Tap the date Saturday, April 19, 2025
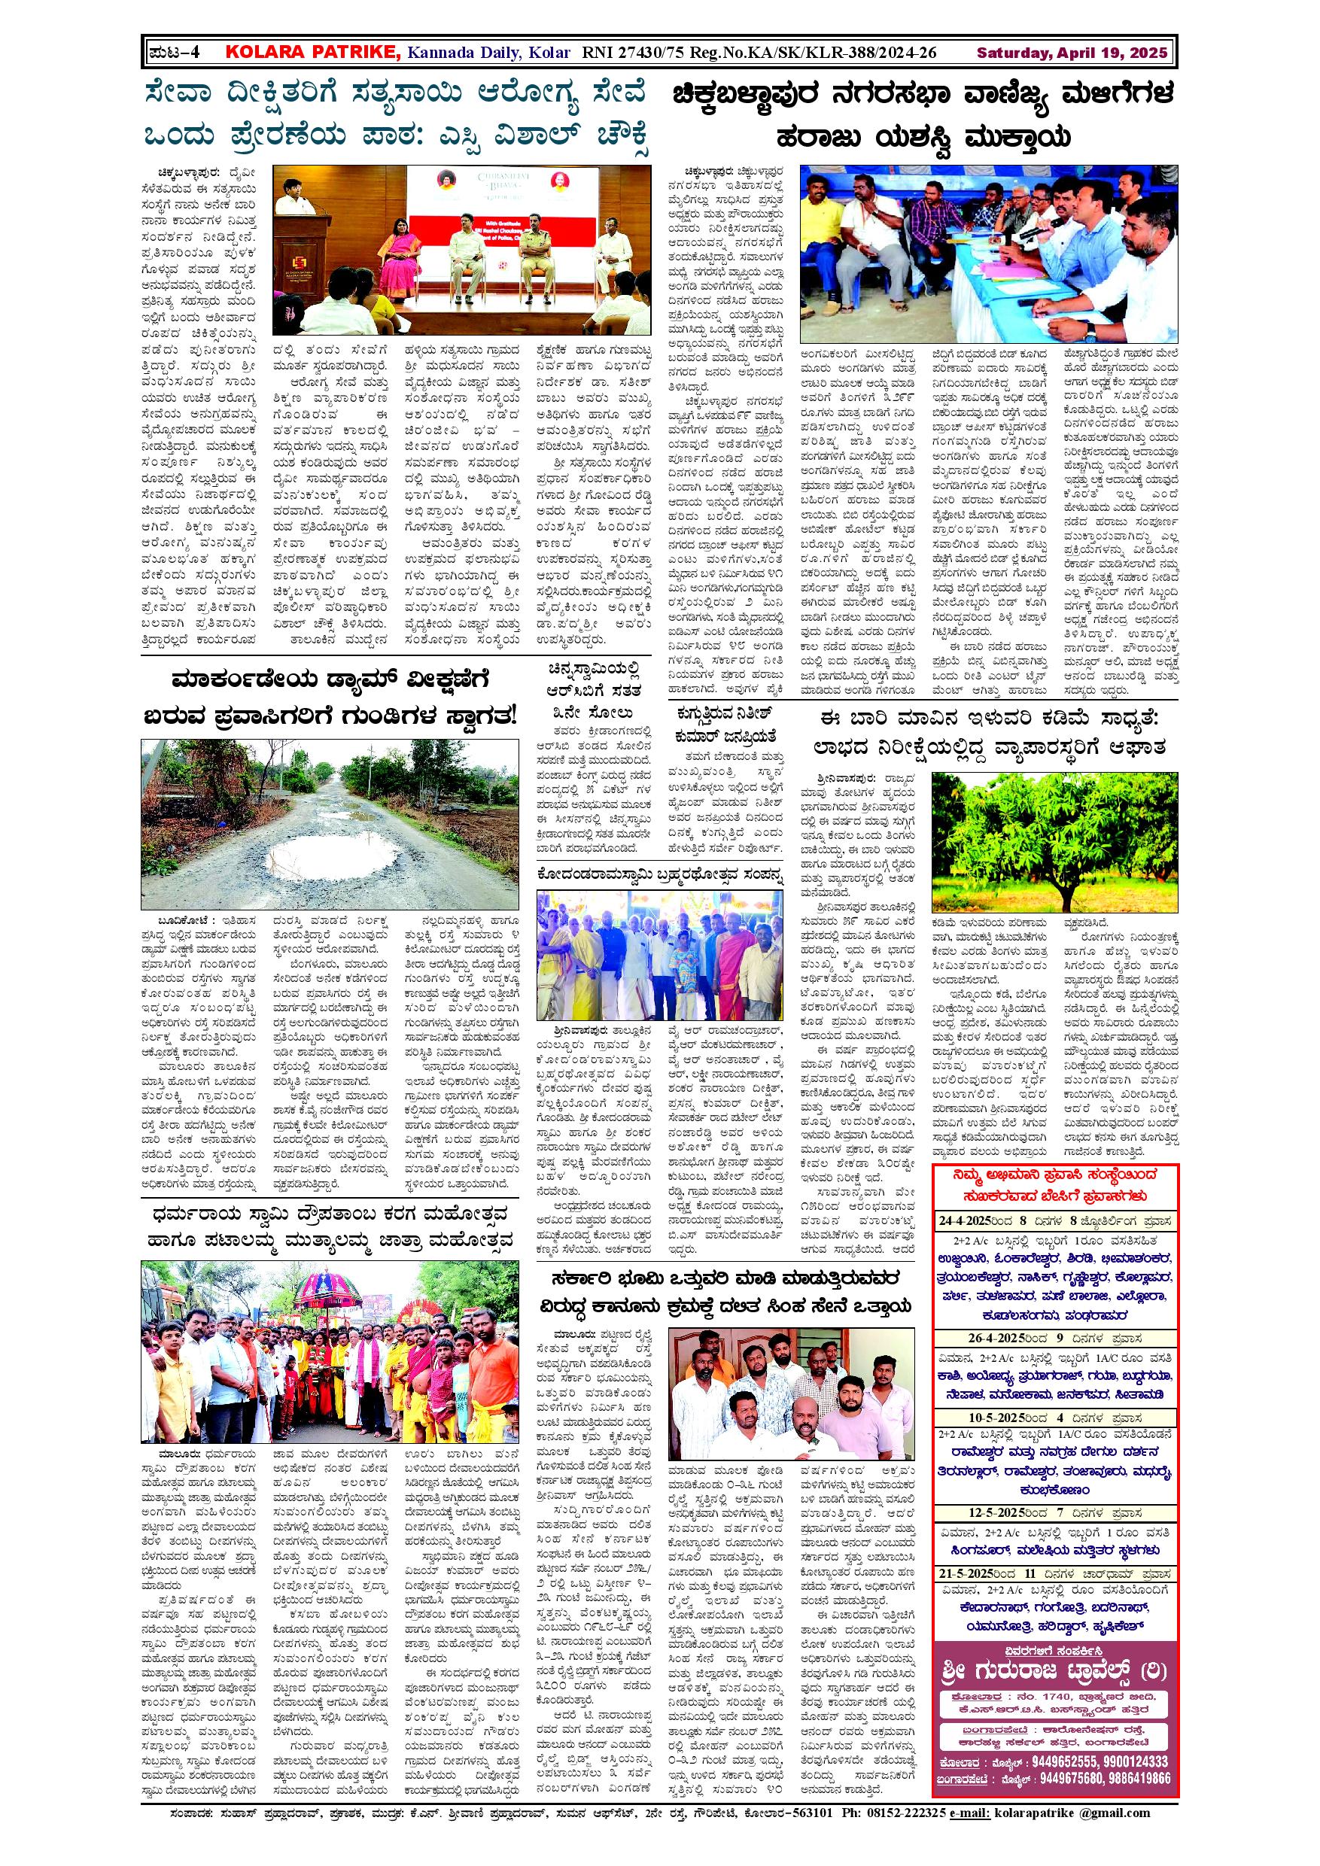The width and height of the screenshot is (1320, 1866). (1072, 53)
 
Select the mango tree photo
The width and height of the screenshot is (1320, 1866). (1054, 840)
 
